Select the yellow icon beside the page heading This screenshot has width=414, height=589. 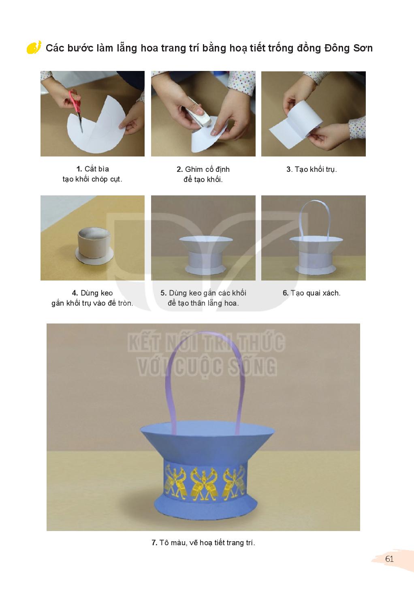(x=34, y=47)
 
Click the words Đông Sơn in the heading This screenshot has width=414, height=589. (x=348, y=48)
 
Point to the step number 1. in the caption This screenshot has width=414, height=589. (x=79, y=169)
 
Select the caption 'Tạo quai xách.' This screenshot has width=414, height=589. (x=316, y=293)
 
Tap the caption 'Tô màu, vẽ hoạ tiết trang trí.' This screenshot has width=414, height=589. (x=207, y=542)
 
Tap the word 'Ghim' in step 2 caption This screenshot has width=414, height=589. (x=194, y=169)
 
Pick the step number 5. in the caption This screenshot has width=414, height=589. (x=163, y=293)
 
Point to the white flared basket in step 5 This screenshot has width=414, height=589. (x=205, y=255)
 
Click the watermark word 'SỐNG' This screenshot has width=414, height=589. (x=253, y=367)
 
